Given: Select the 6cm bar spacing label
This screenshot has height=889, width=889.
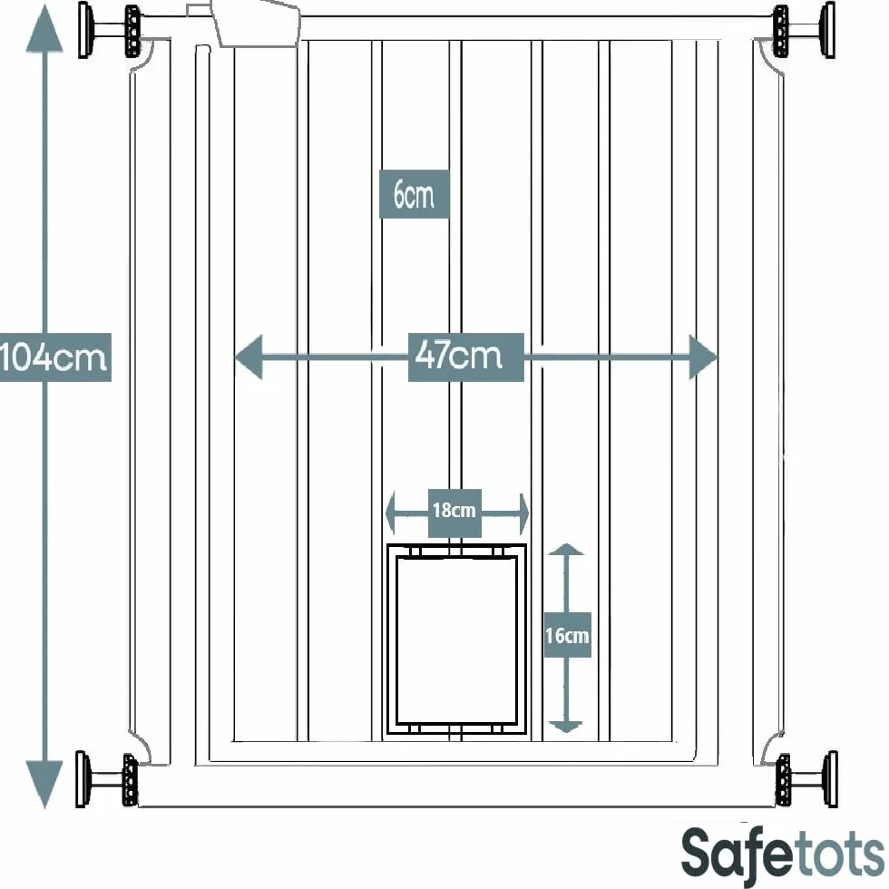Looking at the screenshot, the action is point(414,194).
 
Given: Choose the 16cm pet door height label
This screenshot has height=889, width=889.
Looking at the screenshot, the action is point(568,635).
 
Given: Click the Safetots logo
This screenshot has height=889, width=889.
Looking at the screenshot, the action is point(782,855).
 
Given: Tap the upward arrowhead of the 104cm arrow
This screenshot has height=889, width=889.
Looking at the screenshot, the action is point(44,28).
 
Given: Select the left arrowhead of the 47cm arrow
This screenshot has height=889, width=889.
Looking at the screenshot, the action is point(249,357).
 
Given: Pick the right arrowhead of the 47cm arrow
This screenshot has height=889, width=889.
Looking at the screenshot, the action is point(703,357).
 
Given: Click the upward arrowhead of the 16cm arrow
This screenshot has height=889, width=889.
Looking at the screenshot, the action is point(566,550).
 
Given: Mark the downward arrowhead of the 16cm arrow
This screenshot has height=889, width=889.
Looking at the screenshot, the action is point(566,727).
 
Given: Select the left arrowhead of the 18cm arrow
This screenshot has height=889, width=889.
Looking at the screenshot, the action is point(390,513).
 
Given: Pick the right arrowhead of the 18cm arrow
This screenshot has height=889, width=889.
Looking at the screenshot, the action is point(524,513).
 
